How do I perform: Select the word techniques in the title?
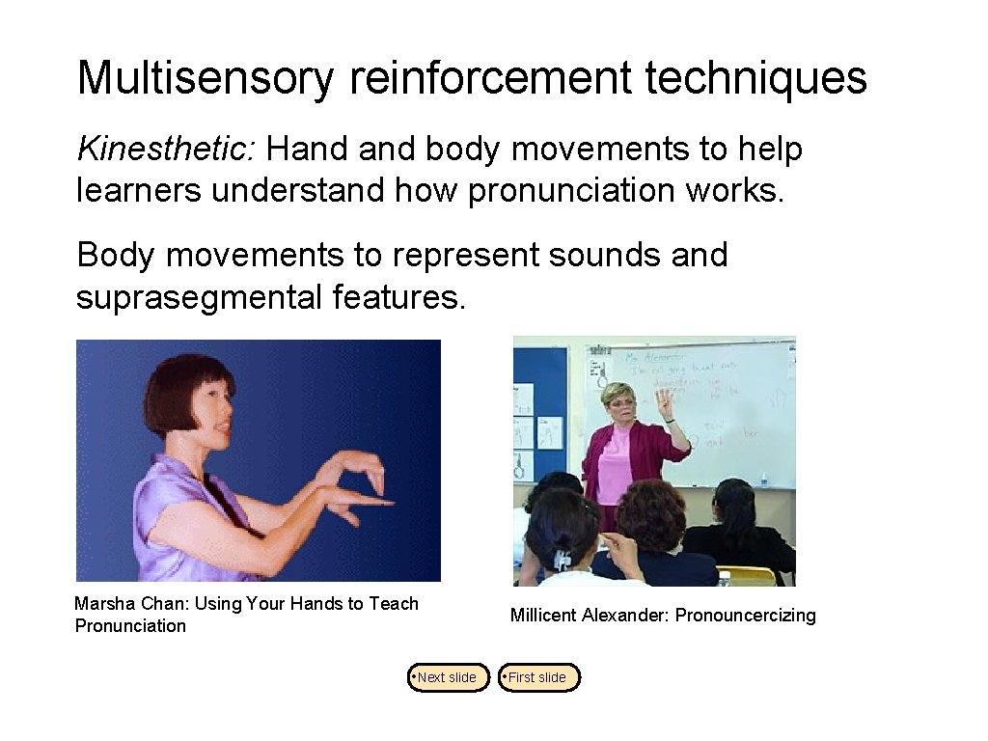pyautogui.click(x=755, y=78)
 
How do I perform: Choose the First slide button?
pyautogui.click(x=539, y=677)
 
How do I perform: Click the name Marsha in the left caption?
pyautogui.click(x=102, y=604)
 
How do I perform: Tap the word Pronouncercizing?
pyautogui.click(x=745, y=616)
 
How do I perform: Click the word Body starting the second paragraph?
pyautogui.click(x=116, y=256)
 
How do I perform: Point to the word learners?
pyautogui.click(x=138, y=191)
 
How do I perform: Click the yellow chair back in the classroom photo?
pyautogui.click(x=748, y=576)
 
